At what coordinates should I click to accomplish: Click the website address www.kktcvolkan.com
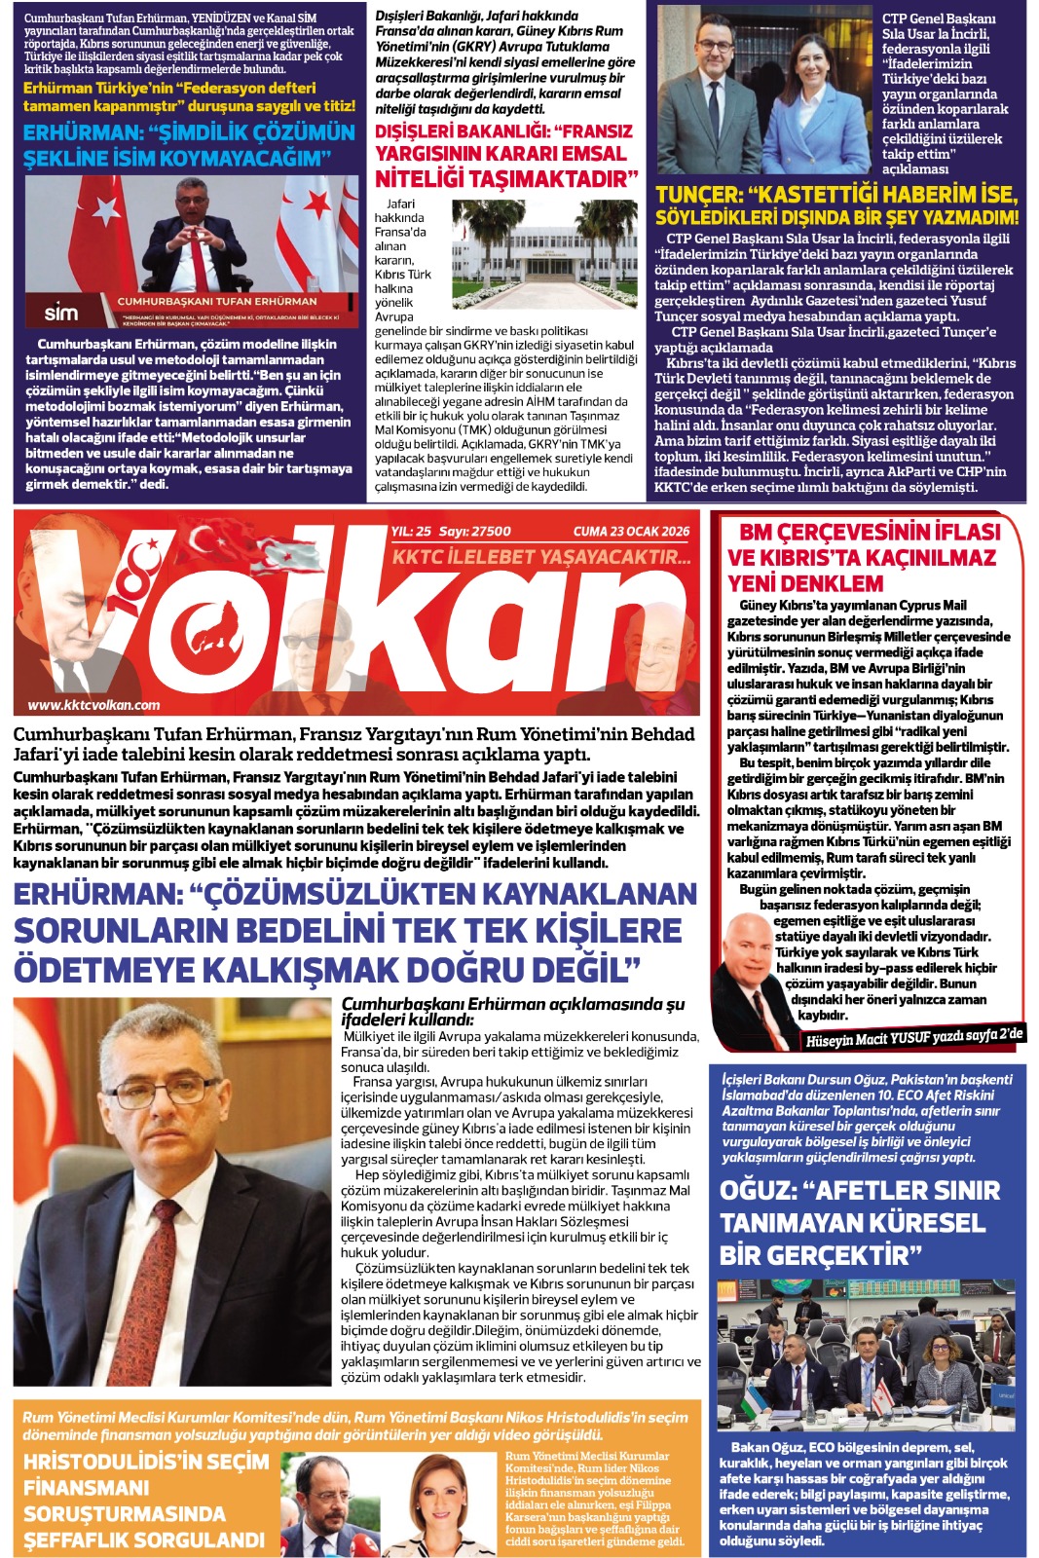click(93, 705)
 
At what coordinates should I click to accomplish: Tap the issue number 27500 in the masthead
click(490, 531)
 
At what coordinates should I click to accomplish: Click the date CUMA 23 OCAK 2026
click(631, 531)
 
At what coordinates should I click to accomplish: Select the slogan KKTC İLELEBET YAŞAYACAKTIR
click(541, 557)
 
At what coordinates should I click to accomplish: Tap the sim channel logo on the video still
click(60, 313)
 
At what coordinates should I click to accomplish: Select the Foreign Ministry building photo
click(544, 254)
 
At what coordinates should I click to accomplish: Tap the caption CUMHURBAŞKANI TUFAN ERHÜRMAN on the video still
click(217, 302)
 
